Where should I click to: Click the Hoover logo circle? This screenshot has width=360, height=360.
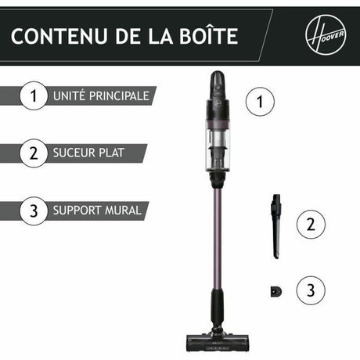pos(322,35)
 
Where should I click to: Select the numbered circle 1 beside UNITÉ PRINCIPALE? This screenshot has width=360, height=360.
pos(33,96)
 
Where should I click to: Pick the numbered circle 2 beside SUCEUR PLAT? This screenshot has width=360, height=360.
pos(33,153)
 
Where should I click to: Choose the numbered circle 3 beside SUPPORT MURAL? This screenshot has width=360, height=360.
pos(33,211)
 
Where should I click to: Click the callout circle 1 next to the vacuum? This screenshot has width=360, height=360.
pos(261,101)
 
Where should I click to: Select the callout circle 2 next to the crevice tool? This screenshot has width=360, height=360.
pos(311,225)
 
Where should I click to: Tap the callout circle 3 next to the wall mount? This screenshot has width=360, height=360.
pos(311,290)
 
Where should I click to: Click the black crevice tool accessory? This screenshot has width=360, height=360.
pos(275,227)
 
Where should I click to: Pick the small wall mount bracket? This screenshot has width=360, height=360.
pos(275,290)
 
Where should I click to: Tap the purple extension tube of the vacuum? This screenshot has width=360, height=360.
pos(217,235)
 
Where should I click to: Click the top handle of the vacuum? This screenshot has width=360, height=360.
pos(217,82)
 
